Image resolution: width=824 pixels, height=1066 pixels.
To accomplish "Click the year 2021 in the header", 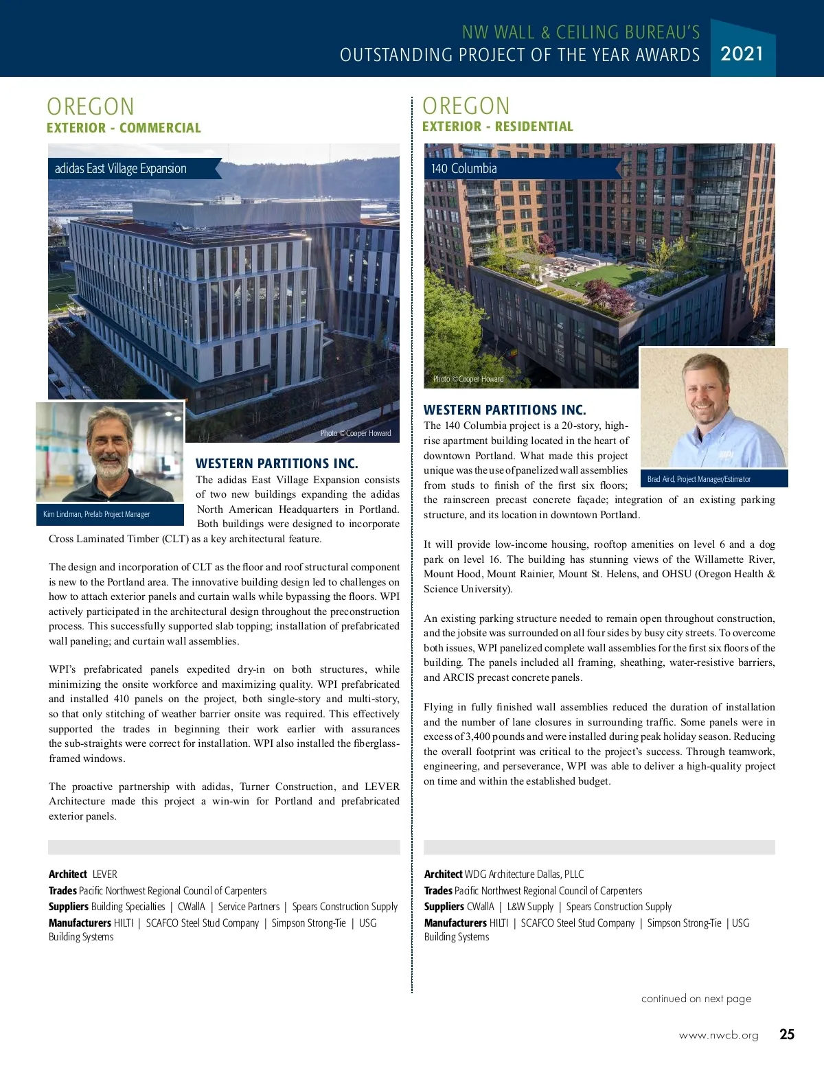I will pyautogui.click(x=742, y=53).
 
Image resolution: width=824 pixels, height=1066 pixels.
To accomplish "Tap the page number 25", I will pyautogui.click(x=787, y=1034).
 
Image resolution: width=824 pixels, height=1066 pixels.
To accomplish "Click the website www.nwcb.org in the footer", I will pyautogui.click(x=718, y=1035).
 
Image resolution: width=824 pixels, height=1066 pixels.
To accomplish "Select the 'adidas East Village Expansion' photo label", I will pyautogui.click(x=121, y=168).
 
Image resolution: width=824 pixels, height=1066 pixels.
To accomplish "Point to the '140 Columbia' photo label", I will pyautogui.click(x=464, y=168).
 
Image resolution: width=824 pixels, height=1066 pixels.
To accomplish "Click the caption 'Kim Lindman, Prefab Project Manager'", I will pyautogui.click(x=97, y=514).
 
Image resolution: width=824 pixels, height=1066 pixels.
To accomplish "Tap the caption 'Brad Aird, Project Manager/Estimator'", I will pyautogui.click(x=699, y=479).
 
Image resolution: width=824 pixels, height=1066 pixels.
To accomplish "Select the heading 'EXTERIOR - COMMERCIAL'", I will pyautogui.click(x=124, y=128).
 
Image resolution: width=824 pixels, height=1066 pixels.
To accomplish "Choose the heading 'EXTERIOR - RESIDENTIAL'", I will pyautogui.click(x=497, y=126).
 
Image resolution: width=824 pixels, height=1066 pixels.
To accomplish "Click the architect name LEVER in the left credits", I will pyautogui.click(x=105, y=874).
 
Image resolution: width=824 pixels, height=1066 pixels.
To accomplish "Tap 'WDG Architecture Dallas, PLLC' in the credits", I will pyautogui.click(x=524, y=874).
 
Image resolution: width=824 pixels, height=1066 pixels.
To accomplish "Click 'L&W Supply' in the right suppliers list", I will pyautogui.click(x=530, y=906).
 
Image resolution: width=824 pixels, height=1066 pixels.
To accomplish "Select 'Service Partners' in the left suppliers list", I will pyautogui.click(x=249, y=906).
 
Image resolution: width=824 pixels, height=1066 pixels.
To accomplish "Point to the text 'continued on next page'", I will pyautogui.click(x=696, y=998).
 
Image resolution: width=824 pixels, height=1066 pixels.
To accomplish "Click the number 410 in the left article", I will pyautogui.click(x=121, y=699).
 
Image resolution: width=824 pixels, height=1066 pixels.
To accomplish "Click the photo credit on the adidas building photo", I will pyautogui.click(x=356, y=433).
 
